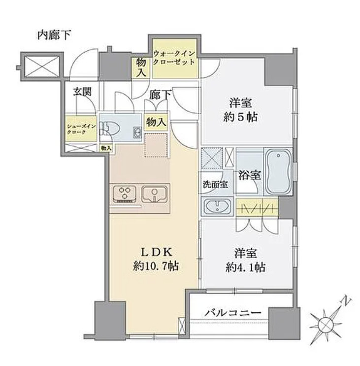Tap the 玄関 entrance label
click(x=82, y=92)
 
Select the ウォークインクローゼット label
click(x=174, y=58)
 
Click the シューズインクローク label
click(x=81, y=129)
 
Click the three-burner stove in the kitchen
click(x=125, y=193)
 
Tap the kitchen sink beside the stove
click(x=155, y=194)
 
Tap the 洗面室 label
click(x=215, y=186)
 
